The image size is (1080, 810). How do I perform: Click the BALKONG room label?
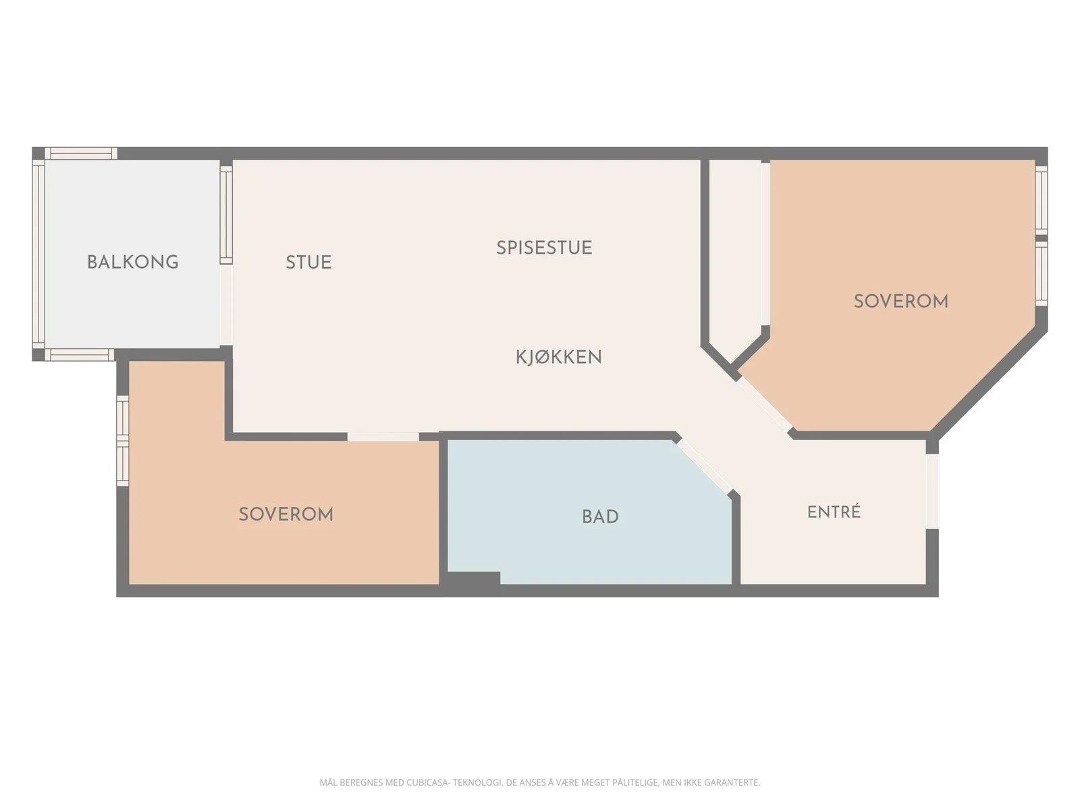tap(132, 262)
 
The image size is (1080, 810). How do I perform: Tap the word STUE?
tap(308, 262)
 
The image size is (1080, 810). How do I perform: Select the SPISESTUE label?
tap(543, 248)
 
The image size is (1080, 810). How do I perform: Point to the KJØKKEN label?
tap(558, 357)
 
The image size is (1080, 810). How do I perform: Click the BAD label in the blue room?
tap(600, 517)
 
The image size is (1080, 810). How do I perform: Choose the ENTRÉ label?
tap(834, 512)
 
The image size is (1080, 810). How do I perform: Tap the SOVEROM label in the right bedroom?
tap(900, 302)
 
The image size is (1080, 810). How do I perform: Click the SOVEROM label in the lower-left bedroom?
tap(286, 514)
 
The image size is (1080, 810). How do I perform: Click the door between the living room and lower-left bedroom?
tap(383, 437)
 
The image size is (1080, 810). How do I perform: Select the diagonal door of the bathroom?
tap(703, 466)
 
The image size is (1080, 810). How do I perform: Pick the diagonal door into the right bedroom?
tap(764, 404)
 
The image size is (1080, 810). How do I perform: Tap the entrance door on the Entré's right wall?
tap(932, 492)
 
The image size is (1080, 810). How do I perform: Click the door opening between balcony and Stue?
tap(226, 305)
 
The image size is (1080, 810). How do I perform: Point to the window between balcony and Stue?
tap(226, 215)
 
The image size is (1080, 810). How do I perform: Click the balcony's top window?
tap(81, 153)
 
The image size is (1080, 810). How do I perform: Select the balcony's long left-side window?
tap(38, 254)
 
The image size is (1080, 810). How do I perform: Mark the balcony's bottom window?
tap(79, 354)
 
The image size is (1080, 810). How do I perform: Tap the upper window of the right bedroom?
tap(1041, 200)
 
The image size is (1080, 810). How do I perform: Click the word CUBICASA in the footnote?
tap(427, 782)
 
